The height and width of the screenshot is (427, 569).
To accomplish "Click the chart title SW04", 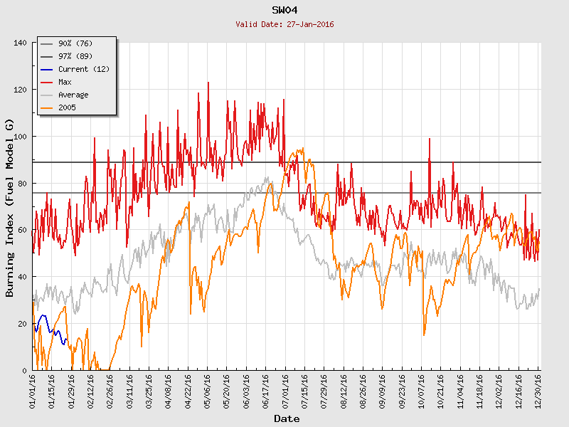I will click(x=284, y=10).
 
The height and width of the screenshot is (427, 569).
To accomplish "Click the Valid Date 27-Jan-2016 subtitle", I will click(x=284, y=24).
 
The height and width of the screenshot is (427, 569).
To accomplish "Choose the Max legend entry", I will click(x=65, y=82).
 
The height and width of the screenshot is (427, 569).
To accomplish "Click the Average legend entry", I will click(x=73, y=95).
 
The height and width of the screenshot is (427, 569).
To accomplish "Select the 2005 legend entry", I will click(x=67, y=107).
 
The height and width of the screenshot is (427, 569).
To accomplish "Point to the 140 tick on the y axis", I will click(x=20, y=43).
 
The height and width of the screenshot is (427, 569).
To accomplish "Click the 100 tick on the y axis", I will click(x=20, y=136).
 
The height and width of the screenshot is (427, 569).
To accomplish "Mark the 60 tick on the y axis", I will click(x=22, y=230).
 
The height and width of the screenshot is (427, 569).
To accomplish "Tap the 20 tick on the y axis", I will click(x=22, y=323).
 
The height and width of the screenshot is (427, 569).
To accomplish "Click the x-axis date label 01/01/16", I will click(x=33, y=390).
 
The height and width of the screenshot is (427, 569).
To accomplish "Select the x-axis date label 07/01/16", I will click(x=285, y=390).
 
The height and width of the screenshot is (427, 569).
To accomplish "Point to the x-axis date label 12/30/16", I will click(x=538, y=390).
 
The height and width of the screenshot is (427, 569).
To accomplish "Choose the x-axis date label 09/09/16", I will click(x=382, y=390).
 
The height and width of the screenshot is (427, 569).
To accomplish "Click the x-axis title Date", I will click(x=286, y=418).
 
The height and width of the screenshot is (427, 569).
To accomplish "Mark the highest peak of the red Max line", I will click(x=208, y=83).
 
